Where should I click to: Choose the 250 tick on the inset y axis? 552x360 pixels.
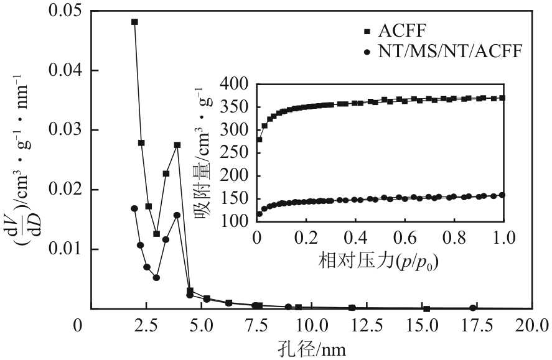click(x=238, y=153)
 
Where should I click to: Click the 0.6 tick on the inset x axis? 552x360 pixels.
click(x=403, y=238)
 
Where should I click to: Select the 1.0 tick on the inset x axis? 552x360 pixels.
click(x=502, y=238)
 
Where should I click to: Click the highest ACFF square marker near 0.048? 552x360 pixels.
click(x=134, y=22)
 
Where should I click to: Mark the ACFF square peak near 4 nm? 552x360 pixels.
click(x=177, y=145)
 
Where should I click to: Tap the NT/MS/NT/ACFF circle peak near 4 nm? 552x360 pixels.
click(x=177, y=215)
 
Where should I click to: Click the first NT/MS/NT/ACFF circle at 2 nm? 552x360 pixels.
click(x=134, y=208)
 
